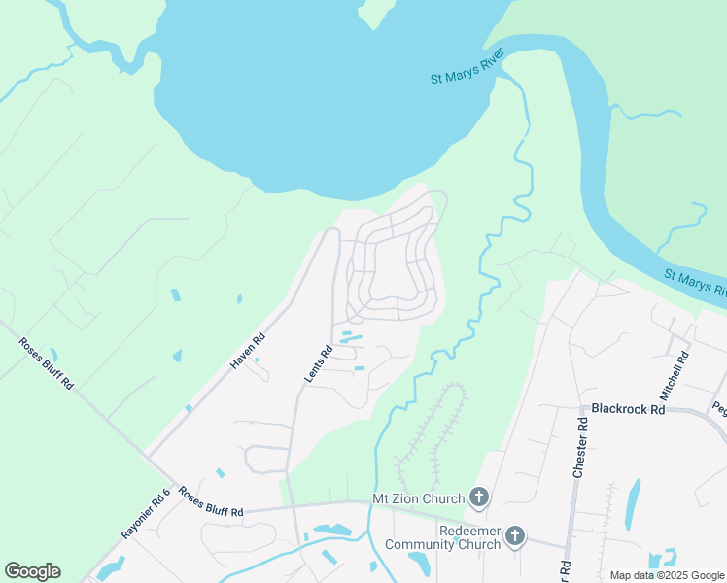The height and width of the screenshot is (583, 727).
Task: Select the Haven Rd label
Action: pos(247,350)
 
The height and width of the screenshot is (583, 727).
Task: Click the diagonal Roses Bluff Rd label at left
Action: pos(46,362)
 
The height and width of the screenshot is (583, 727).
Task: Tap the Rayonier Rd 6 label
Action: pos(145,513)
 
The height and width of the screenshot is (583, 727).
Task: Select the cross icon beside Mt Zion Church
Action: pos(478,498)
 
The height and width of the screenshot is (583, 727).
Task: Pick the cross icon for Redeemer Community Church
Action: pos(514,535)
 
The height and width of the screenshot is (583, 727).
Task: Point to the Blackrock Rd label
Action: pos(622,410)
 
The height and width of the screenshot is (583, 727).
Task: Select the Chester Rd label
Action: pos(581,447)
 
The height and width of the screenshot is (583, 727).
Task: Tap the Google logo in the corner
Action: pos(32,571)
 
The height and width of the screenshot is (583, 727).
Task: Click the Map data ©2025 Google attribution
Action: pos(667,575)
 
